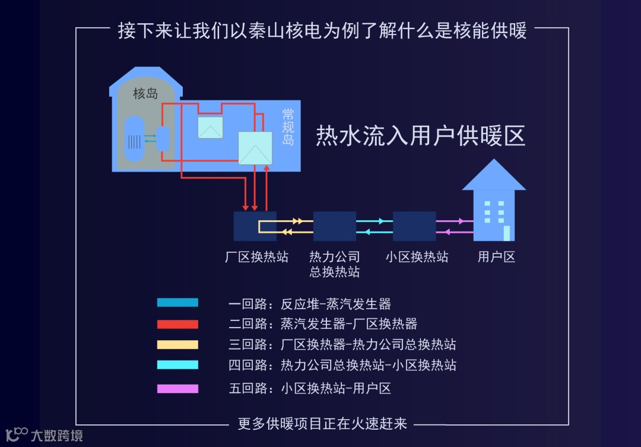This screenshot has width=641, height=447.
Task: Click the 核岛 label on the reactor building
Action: coord(145,93)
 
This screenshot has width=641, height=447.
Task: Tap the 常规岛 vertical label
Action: coord(288,127)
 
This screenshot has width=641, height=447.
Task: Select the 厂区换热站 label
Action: coord(256,257)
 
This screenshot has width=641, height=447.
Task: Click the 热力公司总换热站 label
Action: coord(335,264)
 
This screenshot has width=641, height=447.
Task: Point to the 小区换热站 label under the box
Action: coord(416,257)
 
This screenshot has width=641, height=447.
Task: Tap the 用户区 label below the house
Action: coord(496,257)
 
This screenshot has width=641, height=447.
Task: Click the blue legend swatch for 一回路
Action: coord(177,303)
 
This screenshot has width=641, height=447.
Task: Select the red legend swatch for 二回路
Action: coord(177,324)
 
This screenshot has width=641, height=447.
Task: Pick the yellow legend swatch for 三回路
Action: coord(177,344)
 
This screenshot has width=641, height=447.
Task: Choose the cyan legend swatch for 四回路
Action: coord(177,364)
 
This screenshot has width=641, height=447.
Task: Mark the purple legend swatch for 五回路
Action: coord(177,389)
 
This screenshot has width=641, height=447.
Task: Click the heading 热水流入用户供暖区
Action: coord(420,136)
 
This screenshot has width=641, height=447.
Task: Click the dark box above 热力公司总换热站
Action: coord(335,226)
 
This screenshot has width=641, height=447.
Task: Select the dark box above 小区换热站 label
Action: coord(414,226)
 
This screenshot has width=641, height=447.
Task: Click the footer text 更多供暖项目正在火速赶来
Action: coord(322,423)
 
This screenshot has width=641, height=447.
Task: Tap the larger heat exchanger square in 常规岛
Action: coord(255,148)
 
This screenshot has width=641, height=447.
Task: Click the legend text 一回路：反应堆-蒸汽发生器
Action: coord(310,305)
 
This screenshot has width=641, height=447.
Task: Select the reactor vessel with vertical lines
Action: coord(135,140)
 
